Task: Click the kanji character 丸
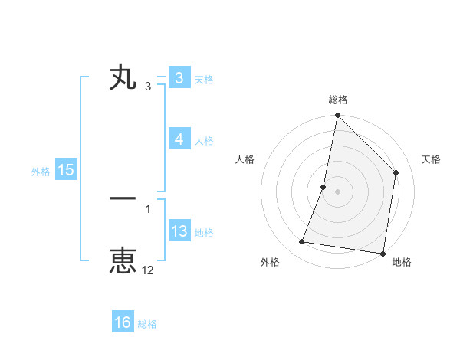[123, 78]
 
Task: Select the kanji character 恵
[123, 260]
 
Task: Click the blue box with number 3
[179, 78]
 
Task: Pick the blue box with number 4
[179, 139]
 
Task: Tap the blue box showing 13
[179, 231]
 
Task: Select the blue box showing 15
[66, 170]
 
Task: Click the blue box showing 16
[123, 322]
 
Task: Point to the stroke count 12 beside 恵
[148, 270]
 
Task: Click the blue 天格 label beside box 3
[204, 80]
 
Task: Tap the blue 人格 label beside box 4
[204, 141]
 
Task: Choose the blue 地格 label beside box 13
[204, 233]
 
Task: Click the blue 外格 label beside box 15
[41, 172]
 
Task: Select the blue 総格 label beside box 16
[147, 324]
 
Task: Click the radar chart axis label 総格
[337, 100]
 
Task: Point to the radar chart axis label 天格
[432, 159]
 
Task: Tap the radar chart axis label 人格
[245, 159]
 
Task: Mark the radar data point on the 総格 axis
[337, 116]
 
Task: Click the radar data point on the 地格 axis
[383, 253]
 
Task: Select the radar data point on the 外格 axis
[302, 242]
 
